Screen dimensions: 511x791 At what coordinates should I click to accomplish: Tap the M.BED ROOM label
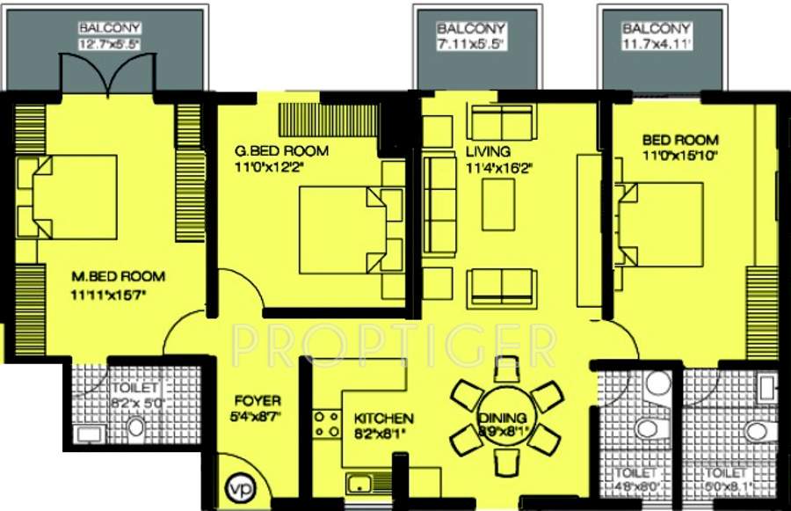[x=118, y=277]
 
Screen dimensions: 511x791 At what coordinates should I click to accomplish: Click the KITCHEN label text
[x=383, y=419]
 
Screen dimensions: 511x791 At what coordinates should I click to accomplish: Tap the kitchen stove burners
[x=327, y=424]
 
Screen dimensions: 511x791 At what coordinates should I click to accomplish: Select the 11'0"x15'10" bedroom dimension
[x=679, y=156]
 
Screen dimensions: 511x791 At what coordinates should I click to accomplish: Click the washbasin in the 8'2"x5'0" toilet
[x=89, y=433]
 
